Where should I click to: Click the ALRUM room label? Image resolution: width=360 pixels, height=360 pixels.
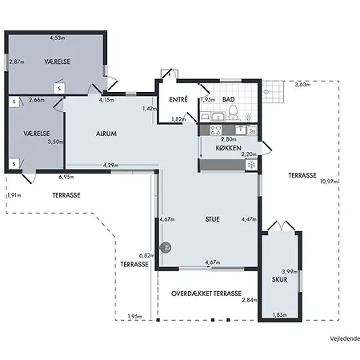click(x=106, y=134)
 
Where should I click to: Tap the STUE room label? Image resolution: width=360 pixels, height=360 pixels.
click(x=212, y=219)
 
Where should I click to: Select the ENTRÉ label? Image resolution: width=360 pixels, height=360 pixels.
click(x=178, y=99)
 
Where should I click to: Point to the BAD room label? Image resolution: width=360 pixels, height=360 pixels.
click(x=229, y=99)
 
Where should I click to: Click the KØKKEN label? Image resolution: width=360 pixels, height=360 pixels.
click(x=229, y=148)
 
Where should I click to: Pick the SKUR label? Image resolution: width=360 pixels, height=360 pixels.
click(x=279, y=279)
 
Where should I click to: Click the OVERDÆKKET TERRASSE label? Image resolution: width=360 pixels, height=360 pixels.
click(x=206, y=294)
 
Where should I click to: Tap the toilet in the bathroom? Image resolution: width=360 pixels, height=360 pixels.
click(x=233, y=112)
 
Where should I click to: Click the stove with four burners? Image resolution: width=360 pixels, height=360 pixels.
click(x=216, y=130)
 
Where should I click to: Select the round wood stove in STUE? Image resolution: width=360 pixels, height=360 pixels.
click(x=166, y=247)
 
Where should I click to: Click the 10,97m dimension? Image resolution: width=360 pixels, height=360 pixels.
click(x=330, y=182)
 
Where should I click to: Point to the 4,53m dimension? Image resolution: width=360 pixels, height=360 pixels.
click(x=57, y=38)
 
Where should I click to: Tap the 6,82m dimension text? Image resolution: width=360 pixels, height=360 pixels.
click(x=146, y=255)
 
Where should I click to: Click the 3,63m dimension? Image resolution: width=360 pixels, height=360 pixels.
click(x=302, y=85)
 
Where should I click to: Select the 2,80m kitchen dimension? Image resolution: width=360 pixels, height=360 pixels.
click(x=229, y=139)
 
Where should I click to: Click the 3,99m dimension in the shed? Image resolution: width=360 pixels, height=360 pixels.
click(x=290, y=272)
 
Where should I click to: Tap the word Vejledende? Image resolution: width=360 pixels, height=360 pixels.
click(x=345, y=338)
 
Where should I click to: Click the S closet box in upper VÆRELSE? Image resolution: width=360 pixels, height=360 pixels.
click(x=59, y=88)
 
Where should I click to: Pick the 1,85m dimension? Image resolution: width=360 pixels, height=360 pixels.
click(x=280, y=315)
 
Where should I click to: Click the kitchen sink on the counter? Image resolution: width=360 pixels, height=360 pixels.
click(x=241, y=130)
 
